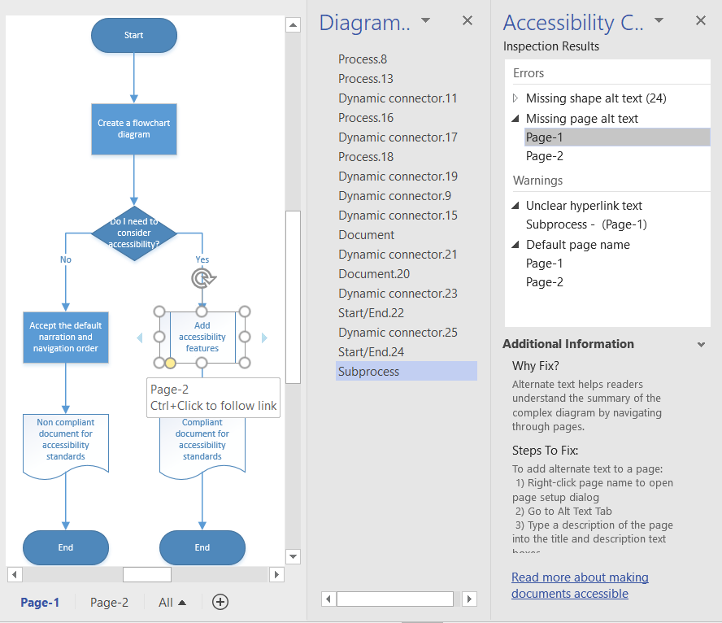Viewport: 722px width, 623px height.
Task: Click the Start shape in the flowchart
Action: point(134,36)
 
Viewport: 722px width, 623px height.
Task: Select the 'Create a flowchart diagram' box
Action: point(134,129)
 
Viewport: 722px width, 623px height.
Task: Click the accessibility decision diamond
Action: point(134,233)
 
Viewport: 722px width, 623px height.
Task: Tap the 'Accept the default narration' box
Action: point(66,337)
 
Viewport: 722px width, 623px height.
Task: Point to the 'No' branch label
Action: point(66,259)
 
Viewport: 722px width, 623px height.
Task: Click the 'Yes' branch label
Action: point(202,259)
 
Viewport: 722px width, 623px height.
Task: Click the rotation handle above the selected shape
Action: point(203,278)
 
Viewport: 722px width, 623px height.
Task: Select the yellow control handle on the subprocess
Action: point(170,363)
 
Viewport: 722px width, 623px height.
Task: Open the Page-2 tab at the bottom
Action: point(109,603)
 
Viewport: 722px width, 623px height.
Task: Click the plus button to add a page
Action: point(220,602)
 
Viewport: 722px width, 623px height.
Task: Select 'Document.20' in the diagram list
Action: point(374,274)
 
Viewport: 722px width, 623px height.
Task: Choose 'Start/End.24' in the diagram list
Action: point(371,352)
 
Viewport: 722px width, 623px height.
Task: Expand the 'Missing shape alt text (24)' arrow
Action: point(515,98)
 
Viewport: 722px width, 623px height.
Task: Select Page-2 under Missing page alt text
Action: point(544,156)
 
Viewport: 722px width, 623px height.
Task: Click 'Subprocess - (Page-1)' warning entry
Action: point(586,224)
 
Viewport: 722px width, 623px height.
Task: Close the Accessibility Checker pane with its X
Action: point(700,20)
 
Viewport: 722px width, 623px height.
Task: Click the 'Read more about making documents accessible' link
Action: point(580,586)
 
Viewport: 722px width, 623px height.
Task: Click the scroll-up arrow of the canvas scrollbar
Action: point(293,25)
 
